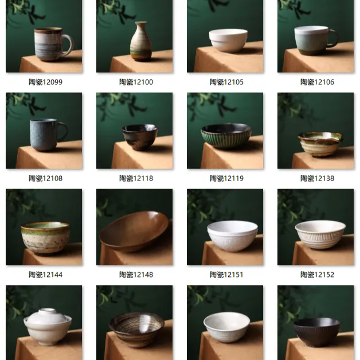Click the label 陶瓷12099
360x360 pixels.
pyautogui.click(x=45, y=82)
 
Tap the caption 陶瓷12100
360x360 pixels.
pyautogui.click(x=136, y=82)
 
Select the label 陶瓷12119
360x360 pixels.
pyautogui.click(x=226, y=178)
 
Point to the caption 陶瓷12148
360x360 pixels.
pyautogui.click(x=136, y=275)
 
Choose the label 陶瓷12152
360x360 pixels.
pyautogui.click(x=317, y=275)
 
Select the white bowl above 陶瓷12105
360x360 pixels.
pyautogui.click(x=228, y=40)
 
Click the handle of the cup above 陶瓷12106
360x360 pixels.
pyautogui.click(x=332, y=38)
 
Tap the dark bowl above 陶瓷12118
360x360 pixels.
pyautogui.click(x=140, y=136)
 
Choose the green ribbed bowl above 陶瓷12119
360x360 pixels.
pyautogui.click(x=226, y=136)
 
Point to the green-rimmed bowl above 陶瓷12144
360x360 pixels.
pyautogui.click(x=45, y=237)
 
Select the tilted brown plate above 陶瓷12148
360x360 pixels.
pyautogui.click(x=134, y=230)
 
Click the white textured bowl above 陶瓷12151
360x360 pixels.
pyautogui.click(x=232, y=235)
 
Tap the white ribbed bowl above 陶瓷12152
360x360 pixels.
pyautogui.click(x=320, y=234)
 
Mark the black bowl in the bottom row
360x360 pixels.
pyautogui.click(x=317, y=331)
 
